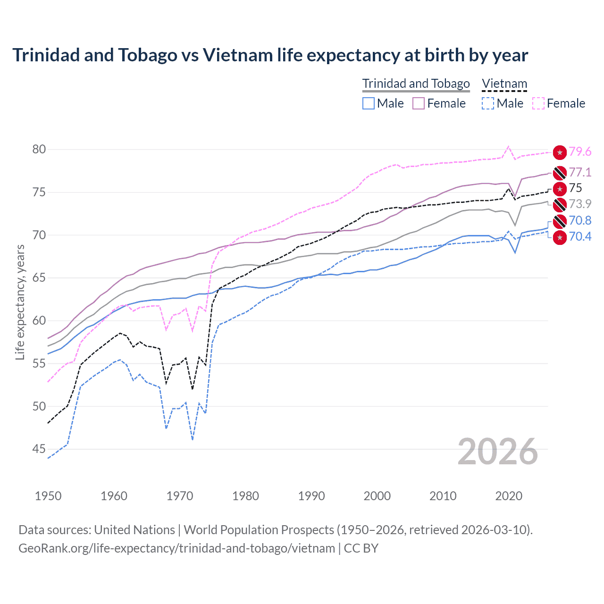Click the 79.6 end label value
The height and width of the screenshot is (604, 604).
coord(580,151)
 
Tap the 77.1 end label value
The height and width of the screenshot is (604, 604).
coord(580,172)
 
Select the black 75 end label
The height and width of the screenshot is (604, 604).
coord(576,188)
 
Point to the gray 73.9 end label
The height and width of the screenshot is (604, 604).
coord(580,204)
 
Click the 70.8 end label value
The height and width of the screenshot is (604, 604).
coord(580,220)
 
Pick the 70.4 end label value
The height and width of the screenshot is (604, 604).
coord(580,236)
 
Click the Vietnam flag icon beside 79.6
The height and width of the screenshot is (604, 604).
coord(560,152)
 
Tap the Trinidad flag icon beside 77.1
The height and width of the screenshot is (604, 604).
coord(560,173)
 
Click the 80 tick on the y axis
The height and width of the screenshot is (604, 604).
coord(39,149)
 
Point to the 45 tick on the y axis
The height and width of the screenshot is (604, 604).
coord(39,449)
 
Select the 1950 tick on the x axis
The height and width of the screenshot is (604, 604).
coord(48,496)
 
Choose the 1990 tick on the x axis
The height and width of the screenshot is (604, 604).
coord(311,496)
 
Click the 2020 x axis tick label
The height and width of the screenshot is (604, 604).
coord(509,496)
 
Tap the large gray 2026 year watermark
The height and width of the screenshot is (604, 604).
coord(498,452)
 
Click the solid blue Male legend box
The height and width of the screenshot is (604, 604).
coord(369,103)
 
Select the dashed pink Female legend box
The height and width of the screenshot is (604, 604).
coord(538,103)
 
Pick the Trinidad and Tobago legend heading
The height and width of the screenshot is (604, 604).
coord(416,84)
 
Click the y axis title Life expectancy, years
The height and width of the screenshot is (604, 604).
coord(20,302)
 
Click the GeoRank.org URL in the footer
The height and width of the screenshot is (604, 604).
coord(176,548)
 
